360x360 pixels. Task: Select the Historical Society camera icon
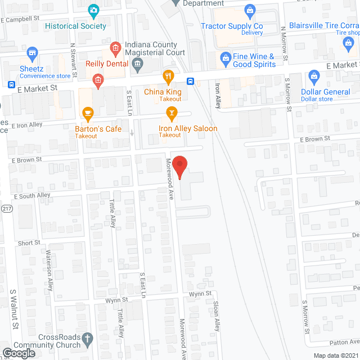tap(93, 10)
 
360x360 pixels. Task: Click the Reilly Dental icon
tap(98, 82)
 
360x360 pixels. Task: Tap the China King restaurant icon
tap(168, 76)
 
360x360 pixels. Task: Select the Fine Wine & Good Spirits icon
tap(225, 57)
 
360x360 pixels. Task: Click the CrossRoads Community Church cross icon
tap(87, 339)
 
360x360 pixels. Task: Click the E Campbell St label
tap(22, 19)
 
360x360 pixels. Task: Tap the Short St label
tap(29, 243)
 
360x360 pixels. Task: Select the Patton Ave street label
tap(344, 341)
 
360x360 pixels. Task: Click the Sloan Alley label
tap(215, 315)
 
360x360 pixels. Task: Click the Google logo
tap(19, 353)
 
